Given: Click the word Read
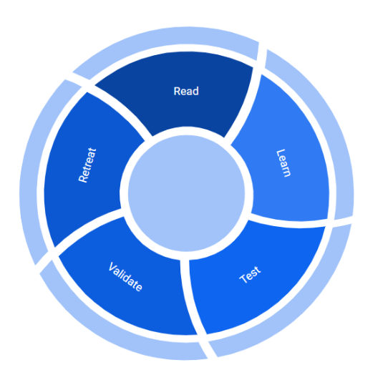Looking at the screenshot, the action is tap(186, 91).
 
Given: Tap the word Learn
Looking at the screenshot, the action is tap(283, 163).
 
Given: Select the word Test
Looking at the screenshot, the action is tap(250, 275).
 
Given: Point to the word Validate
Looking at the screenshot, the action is tap(125, 277).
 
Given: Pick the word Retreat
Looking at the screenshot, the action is tap(87, 165).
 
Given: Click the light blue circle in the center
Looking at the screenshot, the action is tap(186, 193).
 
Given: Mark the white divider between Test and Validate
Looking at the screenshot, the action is tap(189, 297).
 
